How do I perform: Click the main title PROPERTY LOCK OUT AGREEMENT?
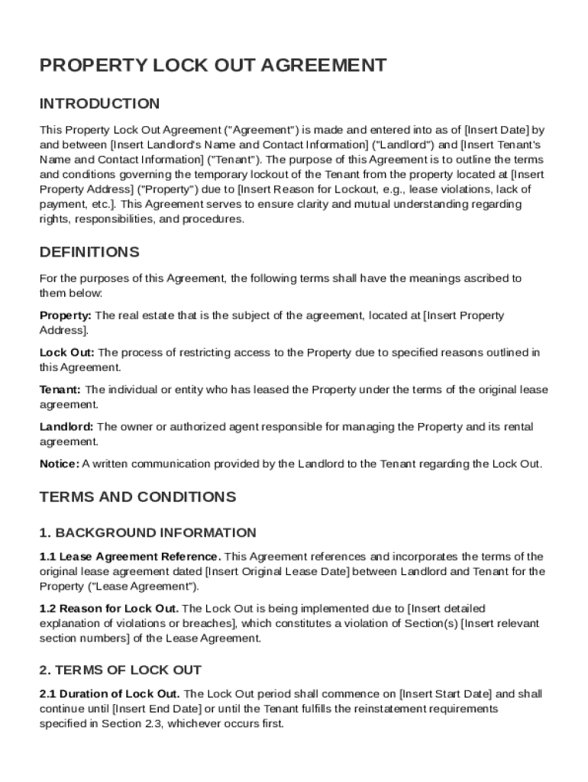(213, 66)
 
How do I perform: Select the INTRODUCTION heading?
(99, 104)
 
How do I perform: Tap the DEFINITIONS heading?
(89, 252)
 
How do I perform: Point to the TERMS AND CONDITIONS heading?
(137, 497)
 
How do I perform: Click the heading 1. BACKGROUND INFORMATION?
(147, 532)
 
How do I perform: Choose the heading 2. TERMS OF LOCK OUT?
(120, 670)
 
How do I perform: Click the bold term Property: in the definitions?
(66, 315)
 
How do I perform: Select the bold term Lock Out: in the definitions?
(67, 352)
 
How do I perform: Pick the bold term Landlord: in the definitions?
(67, 426)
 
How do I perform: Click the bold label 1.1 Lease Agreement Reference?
(131, 557)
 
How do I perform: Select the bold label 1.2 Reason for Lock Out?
(109, 609)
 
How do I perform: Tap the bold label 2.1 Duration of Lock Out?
(110, 694)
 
